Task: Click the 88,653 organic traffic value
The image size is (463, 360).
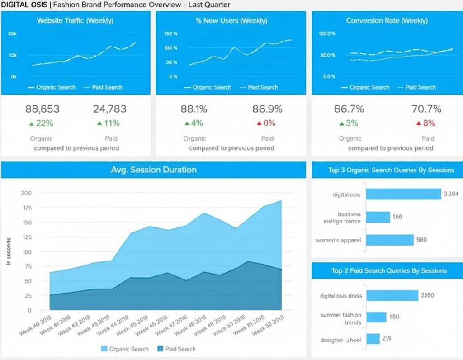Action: pos(42,109)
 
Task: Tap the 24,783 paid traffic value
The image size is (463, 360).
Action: pos(110,109)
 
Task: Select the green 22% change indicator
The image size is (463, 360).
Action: pos(42,123)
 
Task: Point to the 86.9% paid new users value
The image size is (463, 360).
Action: pos(267,109)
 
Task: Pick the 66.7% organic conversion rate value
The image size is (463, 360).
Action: pos(350,109)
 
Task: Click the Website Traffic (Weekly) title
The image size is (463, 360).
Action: pos(75,21)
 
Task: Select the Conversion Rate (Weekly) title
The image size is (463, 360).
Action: pos(387,21)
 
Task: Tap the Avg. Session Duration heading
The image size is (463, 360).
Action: pos(154,170)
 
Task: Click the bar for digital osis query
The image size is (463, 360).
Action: pos(403,194)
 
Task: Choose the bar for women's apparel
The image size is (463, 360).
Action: pos(389,240)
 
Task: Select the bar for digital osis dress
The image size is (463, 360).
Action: pos(392,295)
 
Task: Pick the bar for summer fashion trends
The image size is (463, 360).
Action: pos(376,317)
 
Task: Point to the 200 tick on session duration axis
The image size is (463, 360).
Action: pos(26,193)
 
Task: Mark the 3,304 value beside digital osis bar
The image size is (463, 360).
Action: pos(451,194)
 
